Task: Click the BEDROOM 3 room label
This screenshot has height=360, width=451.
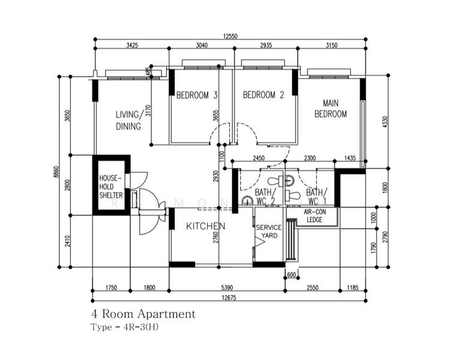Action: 196,95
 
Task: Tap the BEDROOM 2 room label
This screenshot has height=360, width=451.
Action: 263,95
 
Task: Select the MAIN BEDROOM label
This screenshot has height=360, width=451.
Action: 331,109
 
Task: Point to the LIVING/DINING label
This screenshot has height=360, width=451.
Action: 130,121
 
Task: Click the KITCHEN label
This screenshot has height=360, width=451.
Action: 205,226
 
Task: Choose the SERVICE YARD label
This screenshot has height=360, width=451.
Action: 267,232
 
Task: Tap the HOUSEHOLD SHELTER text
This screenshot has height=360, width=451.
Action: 111,187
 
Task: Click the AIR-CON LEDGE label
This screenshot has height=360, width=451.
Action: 313,216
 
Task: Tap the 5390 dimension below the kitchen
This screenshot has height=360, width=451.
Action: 226,287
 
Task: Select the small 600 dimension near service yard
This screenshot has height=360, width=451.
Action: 292,275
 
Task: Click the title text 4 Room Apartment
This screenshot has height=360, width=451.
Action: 143,314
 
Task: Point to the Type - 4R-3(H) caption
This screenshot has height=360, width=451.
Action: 125,327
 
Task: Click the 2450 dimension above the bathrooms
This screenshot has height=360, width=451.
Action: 258,158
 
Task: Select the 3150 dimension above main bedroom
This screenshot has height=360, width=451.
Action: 332,45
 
